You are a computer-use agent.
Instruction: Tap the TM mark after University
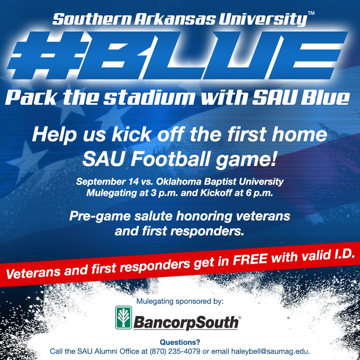tap(311, 13)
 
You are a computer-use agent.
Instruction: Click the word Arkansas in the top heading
tap(175, 19)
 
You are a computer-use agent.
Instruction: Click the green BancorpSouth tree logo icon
tap(123, 318)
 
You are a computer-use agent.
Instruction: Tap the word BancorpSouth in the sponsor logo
tap(186, 322)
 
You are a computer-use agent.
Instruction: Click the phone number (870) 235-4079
tap(175, 351)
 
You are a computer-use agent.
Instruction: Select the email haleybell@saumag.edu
tap(270, 351)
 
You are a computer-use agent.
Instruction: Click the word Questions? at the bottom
tap(180, 342)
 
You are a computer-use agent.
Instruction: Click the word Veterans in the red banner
tap(33, 273)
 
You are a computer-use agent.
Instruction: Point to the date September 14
tap(108, 182)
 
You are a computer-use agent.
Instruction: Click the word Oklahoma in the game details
tap(179, 181)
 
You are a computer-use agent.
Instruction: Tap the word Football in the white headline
tap(170, 159)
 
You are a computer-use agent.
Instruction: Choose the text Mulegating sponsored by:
tap(180, 301)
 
